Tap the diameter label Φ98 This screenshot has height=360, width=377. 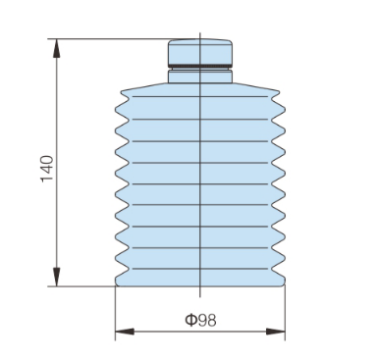pos(200,319)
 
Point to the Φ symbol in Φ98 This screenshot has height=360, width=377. pos(188,319)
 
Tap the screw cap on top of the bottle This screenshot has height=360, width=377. pos(200,52)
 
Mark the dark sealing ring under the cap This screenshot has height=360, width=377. pos(200,67)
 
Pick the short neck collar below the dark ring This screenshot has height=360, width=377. pos(200,76)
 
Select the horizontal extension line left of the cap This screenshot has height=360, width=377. pos(108,39)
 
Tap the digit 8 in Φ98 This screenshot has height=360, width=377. pos(213,319)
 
